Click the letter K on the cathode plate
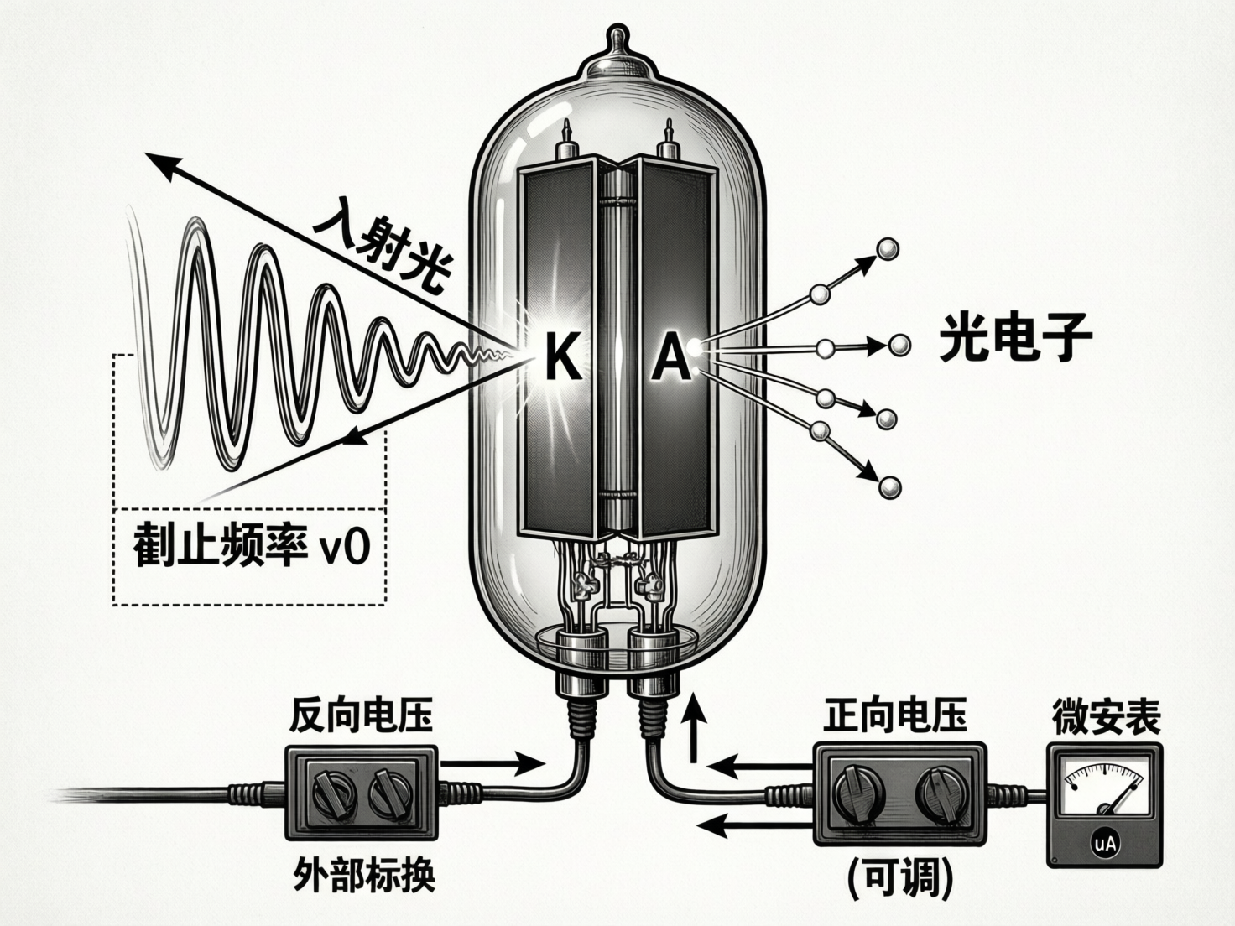pyautogui.click(x=561, y=356)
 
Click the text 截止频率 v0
pyautogui.click(x=251, y=548)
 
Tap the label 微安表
pyautogui.click(x=1106, y=718)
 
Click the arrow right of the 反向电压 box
pyautogui.click(x=491, y=763)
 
